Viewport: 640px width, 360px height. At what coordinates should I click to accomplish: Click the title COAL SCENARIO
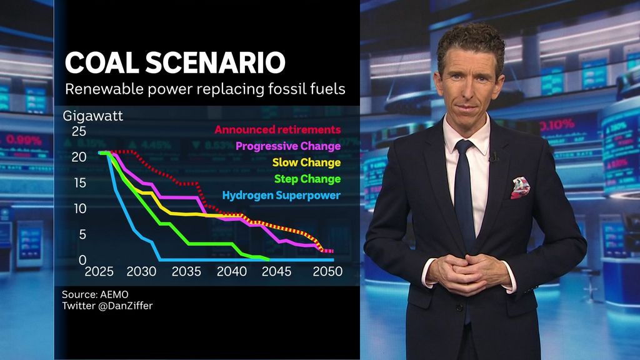[x=175, y=63]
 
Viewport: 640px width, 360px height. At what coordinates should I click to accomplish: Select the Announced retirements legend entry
[x=277, y=130]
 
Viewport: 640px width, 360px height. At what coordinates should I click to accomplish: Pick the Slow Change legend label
[x=307, y=162]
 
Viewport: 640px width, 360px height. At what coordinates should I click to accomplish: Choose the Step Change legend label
[x=307, y=179]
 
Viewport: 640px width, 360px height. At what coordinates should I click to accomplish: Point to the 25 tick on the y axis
[x=79, y=131]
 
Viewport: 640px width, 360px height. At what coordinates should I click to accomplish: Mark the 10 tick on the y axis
[x=79, y=208]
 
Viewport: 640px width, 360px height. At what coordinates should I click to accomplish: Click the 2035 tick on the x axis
[x=187, y=272]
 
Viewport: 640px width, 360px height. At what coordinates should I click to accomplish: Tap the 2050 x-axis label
[x=327, y=272]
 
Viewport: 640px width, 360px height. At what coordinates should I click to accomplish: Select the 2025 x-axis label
[x=99, y=272]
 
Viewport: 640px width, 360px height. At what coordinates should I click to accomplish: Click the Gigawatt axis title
[x=92, y=116]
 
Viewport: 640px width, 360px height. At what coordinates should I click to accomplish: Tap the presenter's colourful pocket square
[x=520, y=187]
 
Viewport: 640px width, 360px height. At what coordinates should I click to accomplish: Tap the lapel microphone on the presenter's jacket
[x=494, y=157]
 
